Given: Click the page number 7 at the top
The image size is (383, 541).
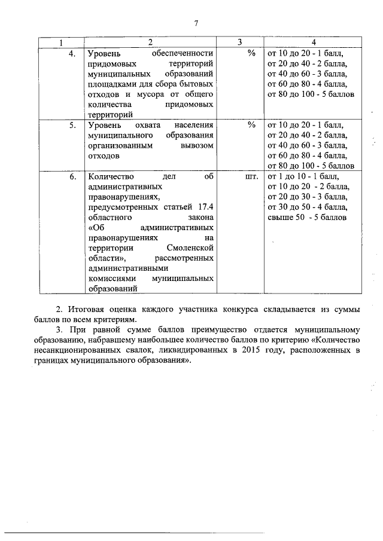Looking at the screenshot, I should pos(196,23).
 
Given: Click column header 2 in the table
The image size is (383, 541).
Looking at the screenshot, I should pos(150,42).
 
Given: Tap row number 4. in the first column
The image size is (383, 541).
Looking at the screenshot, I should pos(72,53).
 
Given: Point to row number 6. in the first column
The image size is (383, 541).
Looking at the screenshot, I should pos(72,177).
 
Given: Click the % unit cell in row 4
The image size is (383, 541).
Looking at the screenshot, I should pos(251,53).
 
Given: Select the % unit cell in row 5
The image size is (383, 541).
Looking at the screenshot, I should pos(251,125).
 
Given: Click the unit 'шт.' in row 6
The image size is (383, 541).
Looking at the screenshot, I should pos(251,177).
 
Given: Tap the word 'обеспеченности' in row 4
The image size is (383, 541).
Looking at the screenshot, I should pos(183,54).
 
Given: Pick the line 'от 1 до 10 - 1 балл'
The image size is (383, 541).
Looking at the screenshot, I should pos(303,177).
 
